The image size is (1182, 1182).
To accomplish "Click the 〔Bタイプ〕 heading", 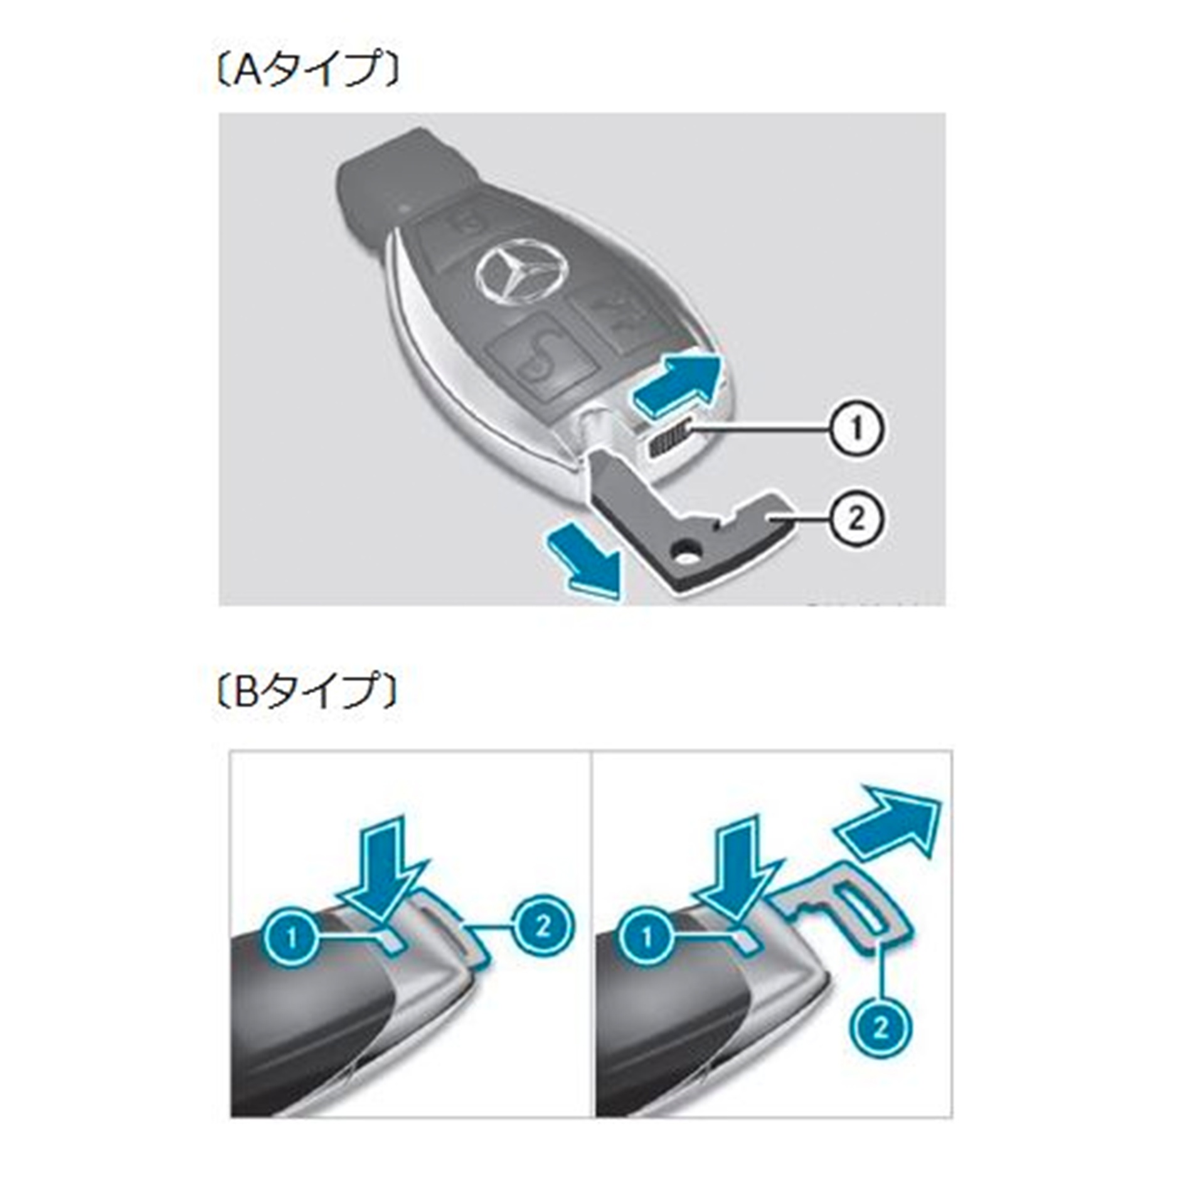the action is tap(307, 689).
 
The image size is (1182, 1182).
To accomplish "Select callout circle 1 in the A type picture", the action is tap(856, 429).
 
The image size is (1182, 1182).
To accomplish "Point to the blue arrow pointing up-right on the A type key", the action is tap(678, 383).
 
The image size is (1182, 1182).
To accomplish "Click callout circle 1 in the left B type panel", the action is tap(290, 937).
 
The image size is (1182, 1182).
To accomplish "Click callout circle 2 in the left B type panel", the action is tap(543, 925).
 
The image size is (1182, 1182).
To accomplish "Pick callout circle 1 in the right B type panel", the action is tap(647, 937).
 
